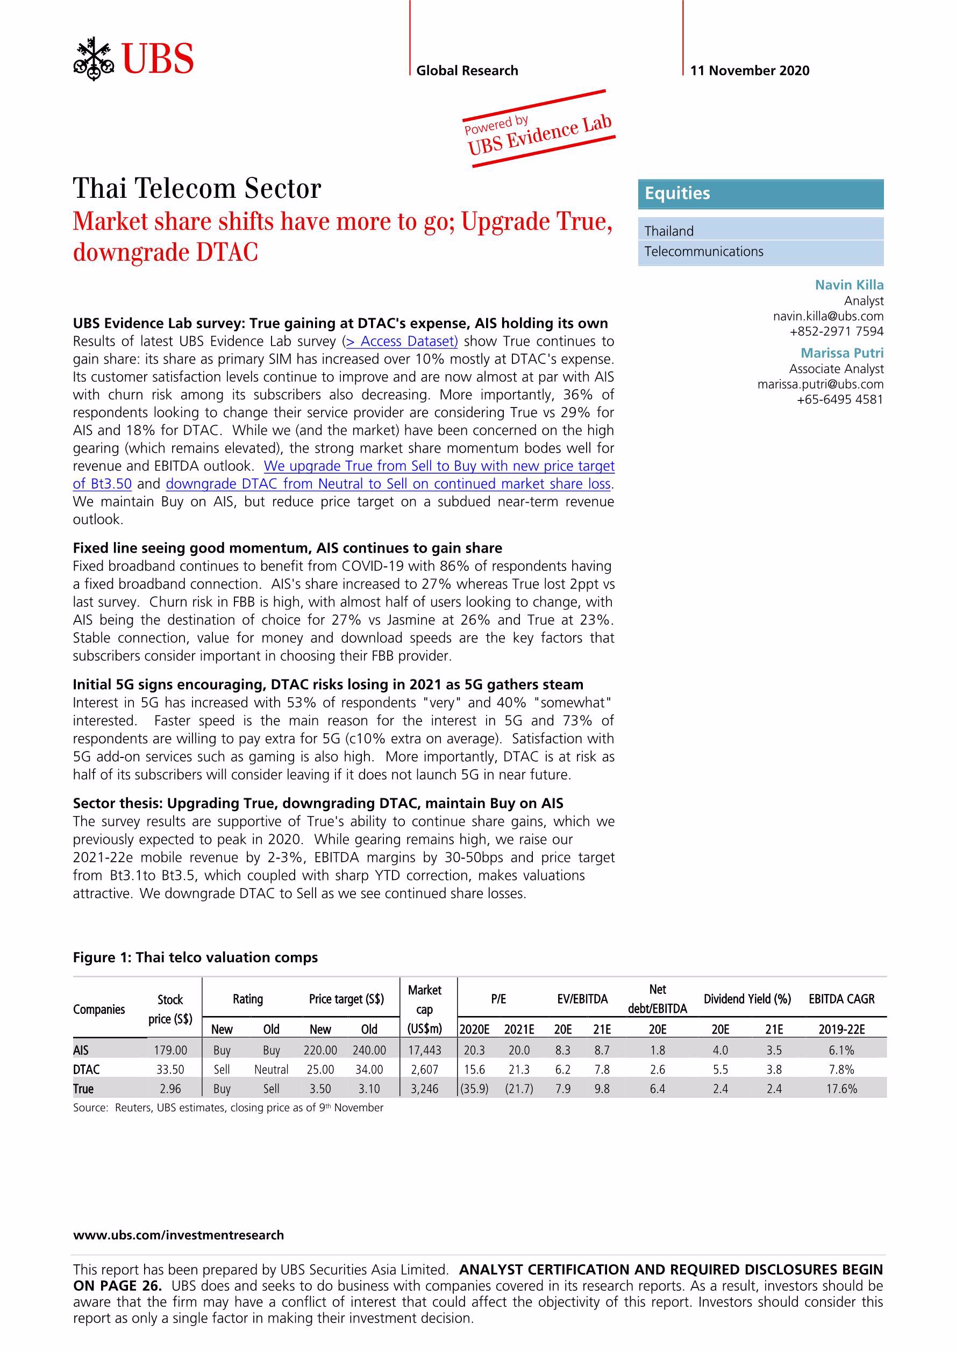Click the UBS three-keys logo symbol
(x=93, y=59)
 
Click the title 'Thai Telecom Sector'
(x=197, y=189)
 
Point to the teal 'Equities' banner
(x=760, y=194)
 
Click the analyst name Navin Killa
(x=849, y=285)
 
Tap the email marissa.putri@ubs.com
(x=820, y=384)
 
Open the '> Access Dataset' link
(x=401, y=341)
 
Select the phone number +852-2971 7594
(x=836, y=332)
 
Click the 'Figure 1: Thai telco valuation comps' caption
(x=195, y=957)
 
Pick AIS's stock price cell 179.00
(x=170, y=1050)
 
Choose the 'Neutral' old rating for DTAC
(x=271, y=1069)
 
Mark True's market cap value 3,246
(x=425, y=1089)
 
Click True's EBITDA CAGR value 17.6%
(x=841, y=1089)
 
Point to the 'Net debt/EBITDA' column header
(x=658, y=999)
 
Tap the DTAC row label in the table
(x=86, y=1069)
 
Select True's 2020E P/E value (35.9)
(x=474, y=1089)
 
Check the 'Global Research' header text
(x=467, y=70)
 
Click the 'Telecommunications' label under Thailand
(x=703, y=252)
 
